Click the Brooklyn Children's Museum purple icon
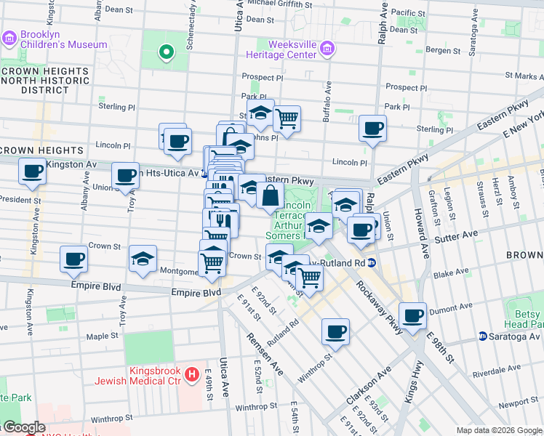point(9,38)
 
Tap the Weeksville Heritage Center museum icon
point(328,49)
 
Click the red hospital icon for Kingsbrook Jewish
point(191,375)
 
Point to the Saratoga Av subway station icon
point(482,336)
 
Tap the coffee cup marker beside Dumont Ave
point(412,315)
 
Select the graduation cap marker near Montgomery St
point(143,259)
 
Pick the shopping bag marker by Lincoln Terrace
point(270,195)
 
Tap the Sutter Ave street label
point(457,236)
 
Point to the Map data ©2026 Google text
point(498,429)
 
